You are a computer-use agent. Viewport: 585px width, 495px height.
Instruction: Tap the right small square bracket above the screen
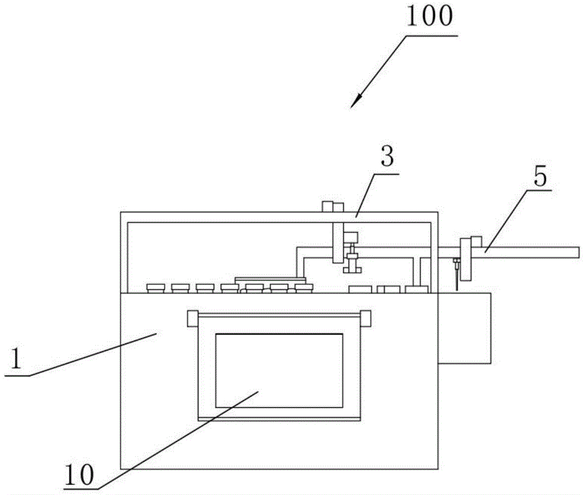366,318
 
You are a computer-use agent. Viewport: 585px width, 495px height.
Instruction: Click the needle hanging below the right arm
455,275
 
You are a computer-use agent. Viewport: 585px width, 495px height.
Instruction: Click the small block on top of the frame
331,206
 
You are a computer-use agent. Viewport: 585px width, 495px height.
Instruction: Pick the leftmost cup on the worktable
156,288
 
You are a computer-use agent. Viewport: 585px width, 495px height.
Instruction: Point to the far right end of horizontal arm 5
576,252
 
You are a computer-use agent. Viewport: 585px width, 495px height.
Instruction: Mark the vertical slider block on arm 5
467,258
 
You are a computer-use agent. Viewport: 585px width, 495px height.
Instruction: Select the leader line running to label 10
175,440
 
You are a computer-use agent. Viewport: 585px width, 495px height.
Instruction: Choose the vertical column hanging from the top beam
338,243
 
